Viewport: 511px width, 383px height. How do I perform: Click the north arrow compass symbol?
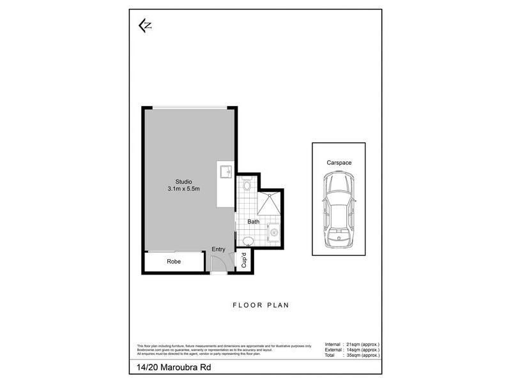tap(145, 25)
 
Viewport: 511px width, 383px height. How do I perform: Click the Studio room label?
tap(184, 181)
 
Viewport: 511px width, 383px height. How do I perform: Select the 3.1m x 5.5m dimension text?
tap(184, 189)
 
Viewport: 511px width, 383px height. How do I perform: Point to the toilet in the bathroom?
tap(247, 186)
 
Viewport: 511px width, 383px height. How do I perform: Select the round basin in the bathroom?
tap(248, 241)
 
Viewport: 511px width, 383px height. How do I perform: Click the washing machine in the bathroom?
tap(273, 231)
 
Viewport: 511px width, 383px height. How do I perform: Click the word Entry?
tap(218, 249)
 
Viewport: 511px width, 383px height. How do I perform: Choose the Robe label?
tap(174, 262)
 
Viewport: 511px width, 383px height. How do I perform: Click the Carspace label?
tap(339, 163)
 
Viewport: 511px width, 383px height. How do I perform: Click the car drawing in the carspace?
tap(339, 210)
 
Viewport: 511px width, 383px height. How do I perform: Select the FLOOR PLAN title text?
tap(261, 305)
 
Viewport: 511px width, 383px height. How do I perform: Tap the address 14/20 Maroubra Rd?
tap(172, 368)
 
